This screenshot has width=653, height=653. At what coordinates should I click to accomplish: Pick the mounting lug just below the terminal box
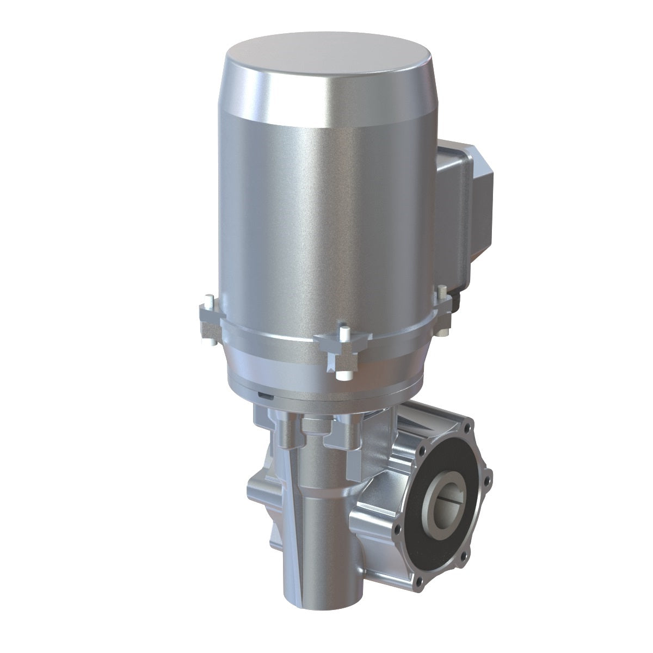[443, 313]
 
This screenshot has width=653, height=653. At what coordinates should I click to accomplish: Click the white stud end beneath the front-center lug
[343, 375]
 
